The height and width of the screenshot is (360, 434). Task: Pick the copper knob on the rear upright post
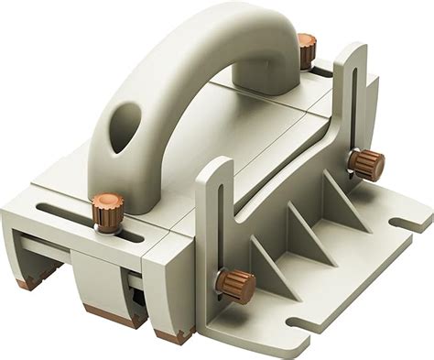[369, 165]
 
